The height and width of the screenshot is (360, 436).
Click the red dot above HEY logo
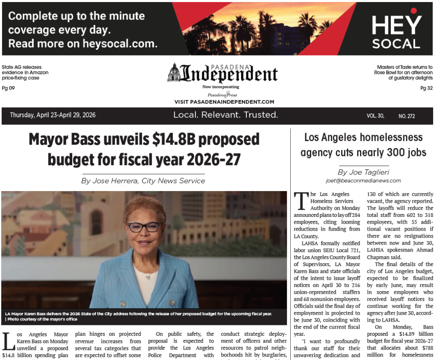click(413, 11)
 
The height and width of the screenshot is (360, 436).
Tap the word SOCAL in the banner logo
click(396, 44)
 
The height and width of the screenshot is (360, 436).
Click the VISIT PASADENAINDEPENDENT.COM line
click(224, 102)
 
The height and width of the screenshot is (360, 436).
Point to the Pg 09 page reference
click(8, 88)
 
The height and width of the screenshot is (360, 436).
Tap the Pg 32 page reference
click(426, 88)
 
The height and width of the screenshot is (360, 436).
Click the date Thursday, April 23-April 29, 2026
click(53, 115)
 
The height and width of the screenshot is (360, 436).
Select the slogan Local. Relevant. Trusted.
click(226, 115)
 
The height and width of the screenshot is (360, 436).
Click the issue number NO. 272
click(406, 116)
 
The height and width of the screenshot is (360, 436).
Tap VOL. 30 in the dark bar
click(375, 116)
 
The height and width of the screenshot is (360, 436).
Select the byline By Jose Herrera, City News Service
click(143, 181)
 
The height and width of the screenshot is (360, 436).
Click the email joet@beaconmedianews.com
click(363, 181)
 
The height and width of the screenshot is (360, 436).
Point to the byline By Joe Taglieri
click(363, 172)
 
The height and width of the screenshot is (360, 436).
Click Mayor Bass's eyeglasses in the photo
click(144, 227)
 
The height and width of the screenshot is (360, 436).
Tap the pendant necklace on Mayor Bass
click(148, 277)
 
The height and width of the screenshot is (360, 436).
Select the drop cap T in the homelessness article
click(300, 200)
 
